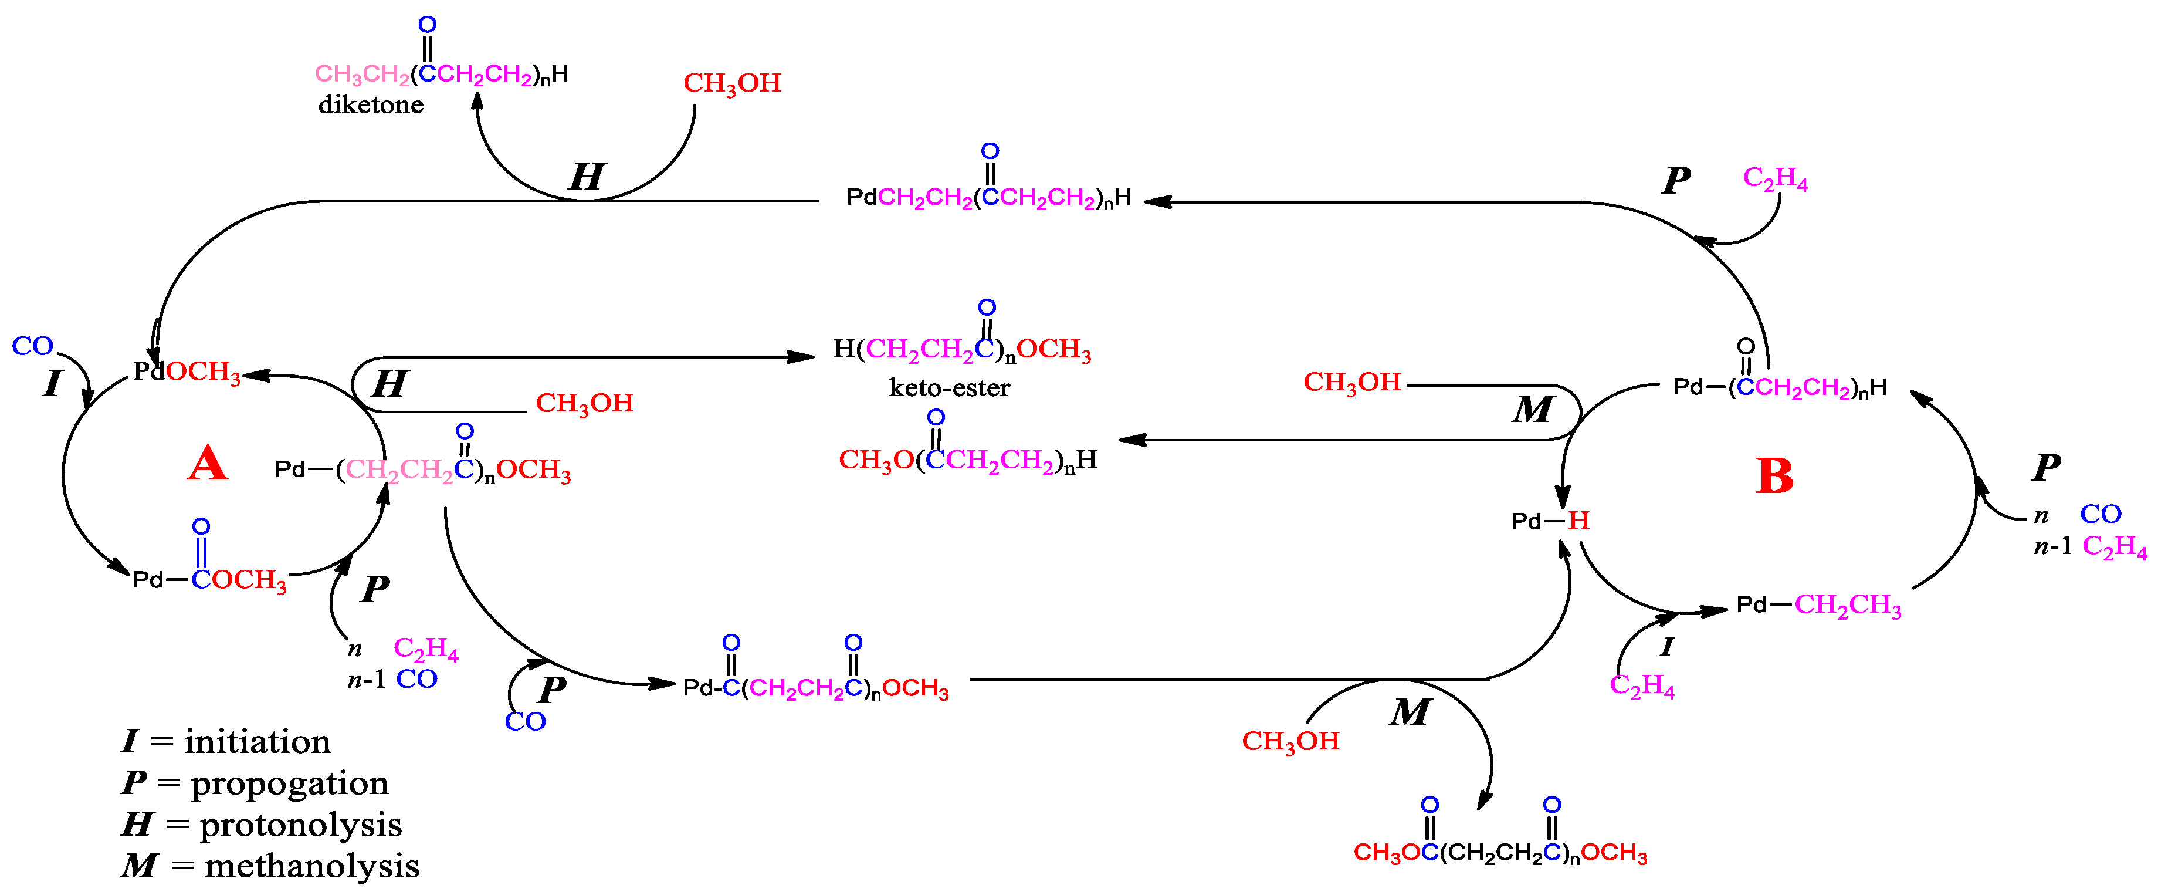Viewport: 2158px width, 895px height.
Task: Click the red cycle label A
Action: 207,464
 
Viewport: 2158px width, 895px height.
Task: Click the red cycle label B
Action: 1774,477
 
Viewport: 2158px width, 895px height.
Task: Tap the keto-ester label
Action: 949,388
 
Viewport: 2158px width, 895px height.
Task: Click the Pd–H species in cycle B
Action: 1550,521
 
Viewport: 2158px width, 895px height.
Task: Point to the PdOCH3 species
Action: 187,371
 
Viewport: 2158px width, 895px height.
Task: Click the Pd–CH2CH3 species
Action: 1818,605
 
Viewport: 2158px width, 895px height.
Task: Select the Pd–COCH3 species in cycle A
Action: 209,579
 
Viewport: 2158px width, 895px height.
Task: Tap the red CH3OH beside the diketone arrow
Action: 732,83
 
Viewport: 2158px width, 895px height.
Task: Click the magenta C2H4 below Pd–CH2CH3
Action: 1642,686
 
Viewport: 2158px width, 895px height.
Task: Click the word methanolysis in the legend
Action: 311,866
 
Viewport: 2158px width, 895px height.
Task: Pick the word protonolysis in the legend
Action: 300,825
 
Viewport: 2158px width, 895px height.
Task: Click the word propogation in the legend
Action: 290,783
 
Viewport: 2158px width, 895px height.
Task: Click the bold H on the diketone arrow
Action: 587,177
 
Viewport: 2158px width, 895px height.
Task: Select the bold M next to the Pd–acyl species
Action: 1533,410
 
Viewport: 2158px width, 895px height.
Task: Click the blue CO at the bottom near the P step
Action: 525,721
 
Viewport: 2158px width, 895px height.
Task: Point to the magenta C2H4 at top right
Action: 1775,178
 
